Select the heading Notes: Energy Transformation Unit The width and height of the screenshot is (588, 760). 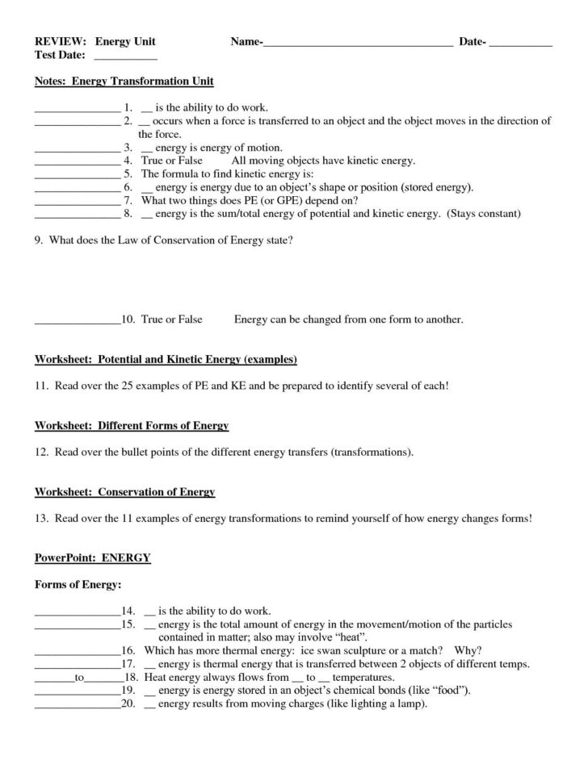[124, 82]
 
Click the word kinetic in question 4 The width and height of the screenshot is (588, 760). [367, 161]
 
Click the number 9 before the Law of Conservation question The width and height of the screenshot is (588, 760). [38, 240]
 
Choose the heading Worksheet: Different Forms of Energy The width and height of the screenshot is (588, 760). [132, 425]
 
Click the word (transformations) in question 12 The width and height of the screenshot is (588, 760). [372, 453]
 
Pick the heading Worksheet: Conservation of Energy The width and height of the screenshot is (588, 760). [125, 491]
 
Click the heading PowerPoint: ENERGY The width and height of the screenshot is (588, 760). [92, 557]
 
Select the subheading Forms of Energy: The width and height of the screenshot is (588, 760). [77, 583]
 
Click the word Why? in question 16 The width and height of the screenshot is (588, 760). [468, 650]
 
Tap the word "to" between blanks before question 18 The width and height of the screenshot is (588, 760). [79, 678]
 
